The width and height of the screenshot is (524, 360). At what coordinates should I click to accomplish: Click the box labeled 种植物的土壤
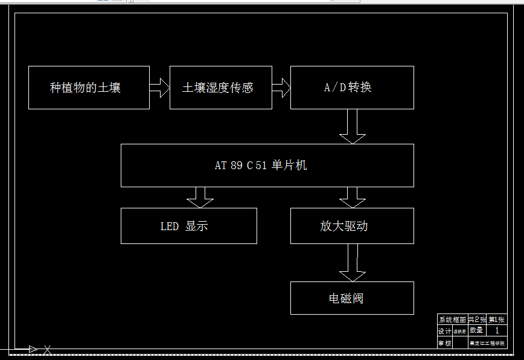[x=89, y=88]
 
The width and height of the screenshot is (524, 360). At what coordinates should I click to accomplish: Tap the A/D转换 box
[x=352, y=88]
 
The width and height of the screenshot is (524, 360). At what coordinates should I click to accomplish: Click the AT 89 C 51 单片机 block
[x=267, y=166]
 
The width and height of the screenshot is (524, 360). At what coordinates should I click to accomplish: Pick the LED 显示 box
[x=188, y=226]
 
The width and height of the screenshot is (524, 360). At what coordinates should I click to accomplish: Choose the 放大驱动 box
[x=352, y=226]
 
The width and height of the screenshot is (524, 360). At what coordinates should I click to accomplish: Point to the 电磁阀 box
[x=352, y=298]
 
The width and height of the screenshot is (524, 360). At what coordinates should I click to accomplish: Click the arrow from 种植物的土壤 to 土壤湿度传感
[x=159, y=88]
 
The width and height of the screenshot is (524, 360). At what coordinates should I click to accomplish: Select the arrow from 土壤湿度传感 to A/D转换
[x=281, y=88]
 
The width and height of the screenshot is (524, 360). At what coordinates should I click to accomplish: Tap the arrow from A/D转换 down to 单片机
[x=353, y=126]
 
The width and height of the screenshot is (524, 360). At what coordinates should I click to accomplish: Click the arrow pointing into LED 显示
[x=200, y=198]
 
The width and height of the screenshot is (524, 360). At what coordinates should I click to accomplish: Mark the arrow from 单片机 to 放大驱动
[x=353, y=198]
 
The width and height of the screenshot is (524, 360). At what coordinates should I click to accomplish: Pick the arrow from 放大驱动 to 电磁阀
[x=353, y=263]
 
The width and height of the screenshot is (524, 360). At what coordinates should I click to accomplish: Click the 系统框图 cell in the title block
[x=452, y=320]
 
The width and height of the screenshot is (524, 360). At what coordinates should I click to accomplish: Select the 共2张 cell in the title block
[x=477, y=320]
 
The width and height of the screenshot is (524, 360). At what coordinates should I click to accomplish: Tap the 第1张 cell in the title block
[x=497, y=320]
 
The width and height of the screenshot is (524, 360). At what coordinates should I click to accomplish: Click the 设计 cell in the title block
[x=444, y=331]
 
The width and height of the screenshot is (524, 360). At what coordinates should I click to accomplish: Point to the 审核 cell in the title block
[x=444, y=343]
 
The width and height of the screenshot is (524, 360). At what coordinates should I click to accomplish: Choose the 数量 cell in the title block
[x=477, y=330]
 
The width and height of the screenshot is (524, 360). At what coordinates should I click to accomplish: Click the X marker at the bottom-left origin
[x=47, y=349]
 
